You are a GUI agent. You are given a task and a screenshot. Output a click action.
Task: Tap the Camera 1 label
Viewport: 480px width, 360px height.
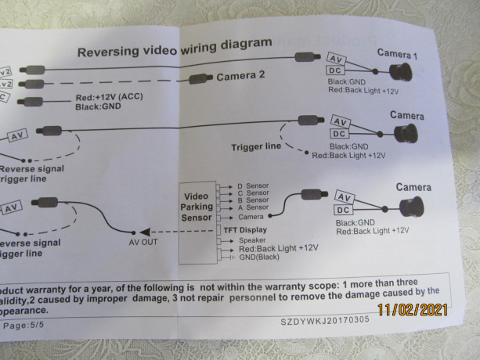tap(399, 54)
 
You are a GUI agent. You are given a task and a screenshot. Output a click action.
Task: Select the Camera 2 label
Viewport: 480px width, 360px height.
tap(240, 77)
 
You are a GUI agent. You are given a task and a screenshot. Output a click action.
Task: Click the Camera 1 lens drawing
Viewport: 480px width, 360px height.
tap(402, 72)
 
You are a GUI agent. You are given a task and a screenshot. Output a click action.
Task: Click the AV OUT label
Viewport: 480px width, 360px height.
tap(143, 242)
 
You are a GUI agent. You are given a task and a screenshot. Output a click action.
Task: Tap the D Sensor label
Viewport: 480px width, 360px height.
tap(253, 186)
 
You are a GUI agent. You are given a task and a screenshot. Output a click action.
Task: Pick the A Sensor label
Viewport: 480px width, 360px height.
tap(253, 207)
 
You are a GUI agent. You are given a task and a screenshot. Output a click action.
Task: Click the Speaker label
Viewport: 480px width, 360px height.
tap(252, 239)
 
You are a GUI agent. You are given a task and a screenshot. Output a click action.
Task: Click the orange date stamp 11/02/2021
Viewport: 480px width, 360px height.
tap(413, 309)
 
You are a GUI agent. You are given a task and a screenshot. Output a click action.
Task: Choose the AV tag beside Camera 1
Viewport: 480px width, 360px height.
tap(337, 59)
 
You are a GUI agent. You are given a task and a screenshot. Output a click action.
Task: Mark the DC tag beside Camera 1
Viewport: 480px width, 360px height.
tap(335, 72)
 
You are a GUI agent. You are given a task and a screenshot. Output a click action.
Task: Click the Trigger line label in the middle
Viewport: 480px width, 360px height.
tap(256, 146)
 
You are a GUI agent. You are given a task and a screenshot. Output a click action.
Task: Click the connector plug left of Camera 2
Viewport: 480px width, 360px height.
tap(200, 78)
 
